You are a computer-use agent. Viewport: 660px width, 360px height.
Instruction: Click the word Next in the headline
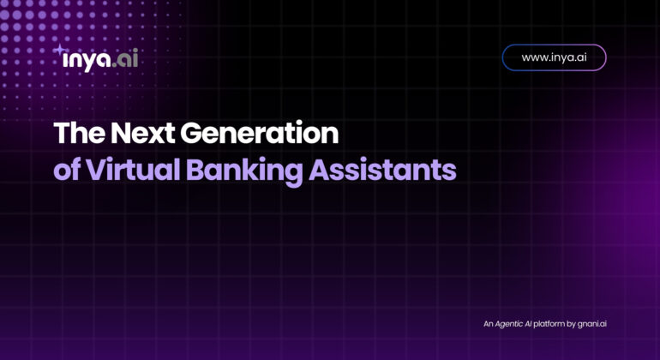142,133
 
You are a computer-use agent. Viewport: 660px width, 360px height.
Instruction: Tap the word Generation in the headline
260,133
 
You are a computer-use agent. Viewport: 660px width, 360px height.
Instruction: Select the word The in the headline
80,133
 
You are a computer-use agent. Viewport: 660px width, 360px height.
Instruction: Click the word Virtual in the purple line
133,170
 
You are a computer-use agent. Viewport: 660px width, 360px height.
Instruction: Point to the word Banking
244,171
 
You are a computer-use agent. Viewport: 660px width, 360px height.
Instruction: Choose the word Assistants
382,170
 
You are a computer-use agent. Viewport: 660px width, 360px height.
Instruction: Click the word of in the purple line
67,170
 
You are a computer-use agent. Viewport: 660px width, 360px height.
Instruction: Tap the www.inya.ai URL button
554,57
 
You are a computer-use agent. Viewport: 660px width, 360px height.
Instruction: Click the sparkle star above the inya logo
60,50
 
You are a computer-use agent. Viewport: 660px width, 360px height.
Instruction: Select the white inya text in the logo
87,61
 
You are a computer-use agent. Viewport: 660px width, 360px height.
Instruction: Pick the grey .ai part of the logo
125,59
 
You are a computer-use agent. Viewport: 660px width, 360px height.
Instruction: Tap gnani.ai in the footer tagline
591,324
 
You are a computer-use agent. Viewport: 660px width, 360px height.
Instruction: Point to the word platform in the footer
549,324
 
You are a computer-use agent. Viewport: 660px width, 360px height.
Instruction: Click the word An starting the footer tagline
489,324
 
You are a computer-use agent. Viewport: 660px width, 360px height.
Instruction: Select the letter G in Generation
191,133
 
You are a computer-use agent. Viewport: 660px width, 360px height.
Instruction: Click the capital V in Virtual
97,170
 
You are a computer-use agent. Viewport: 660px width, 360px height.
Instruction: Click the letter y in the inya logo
89,63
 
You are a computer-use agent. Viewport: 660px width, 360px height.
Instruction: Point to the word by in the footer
571,324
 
